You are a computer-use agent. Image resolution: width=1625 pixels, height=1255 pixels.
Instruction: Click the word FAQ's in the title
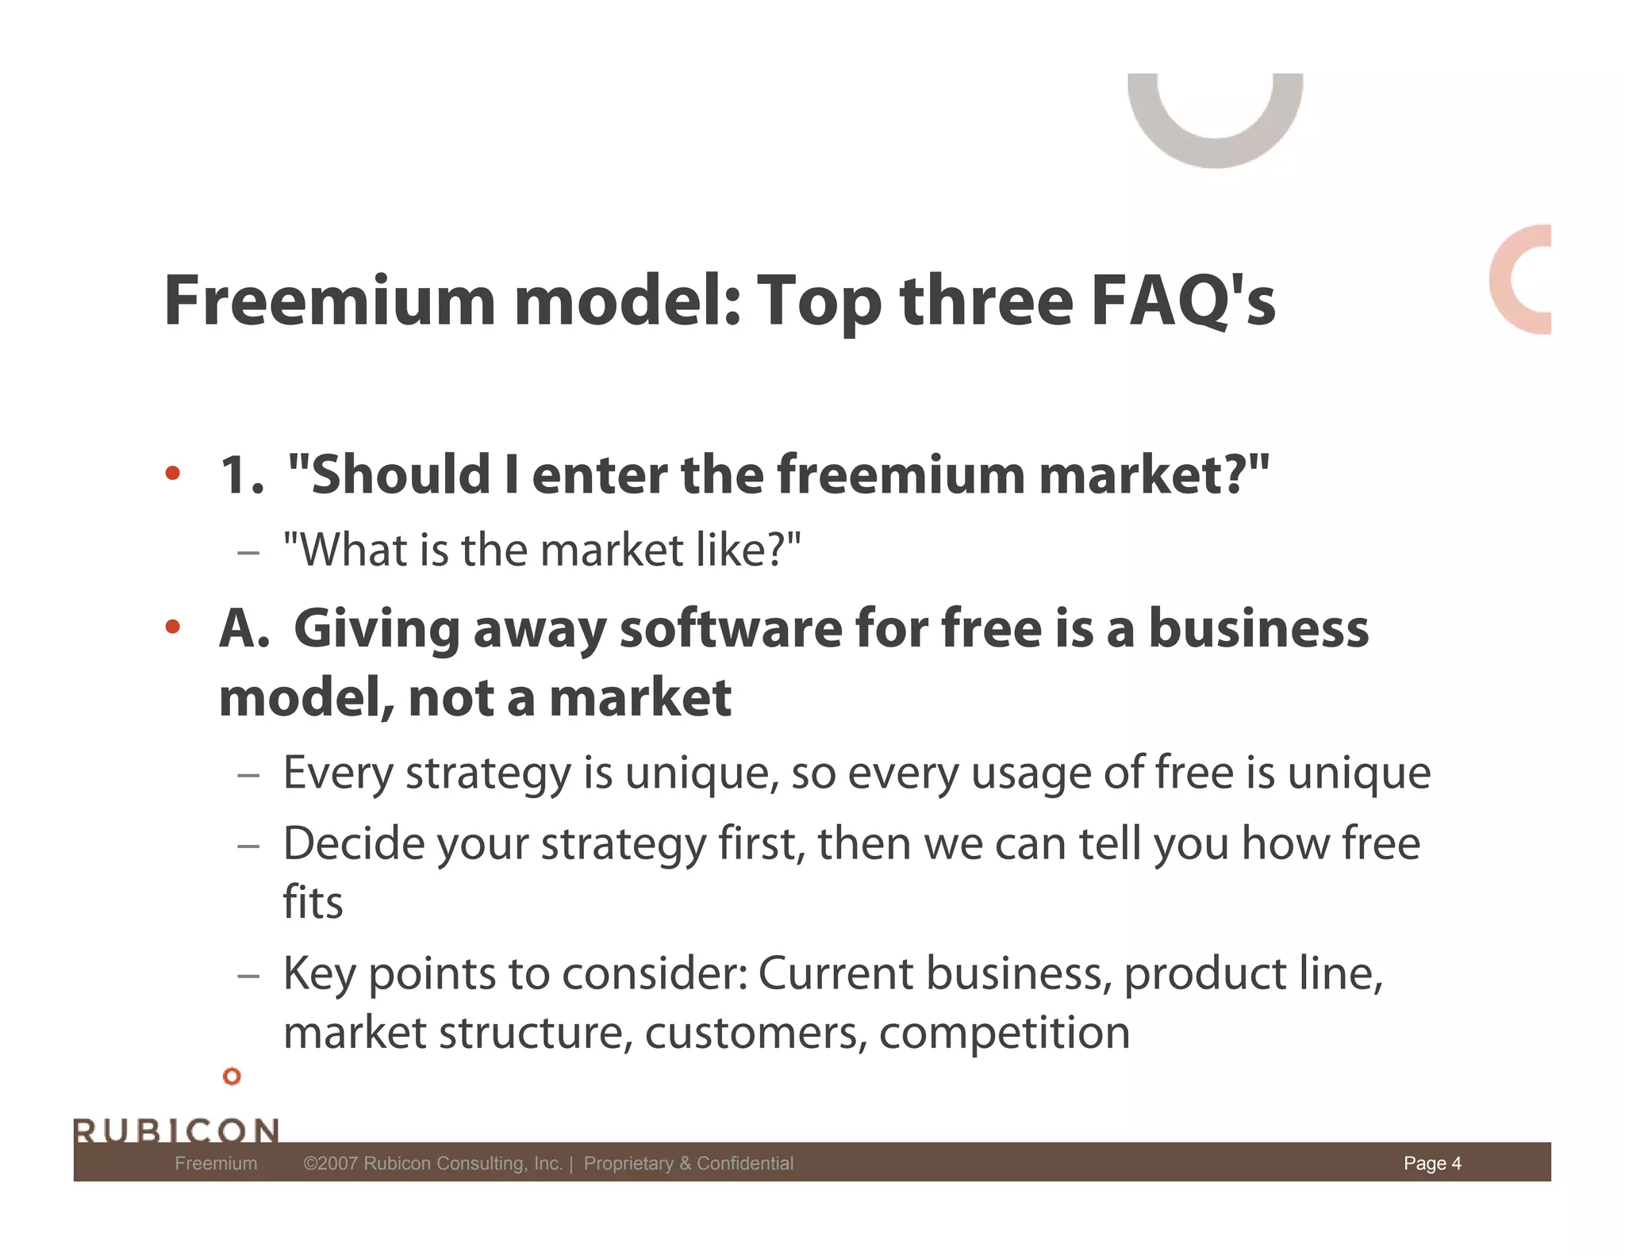pyautogui.click(x=1182, y=301)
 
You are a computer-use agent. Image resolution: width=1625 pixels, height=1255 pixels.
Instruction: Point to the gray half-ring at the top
pyautogui.click(x=1215, y=135)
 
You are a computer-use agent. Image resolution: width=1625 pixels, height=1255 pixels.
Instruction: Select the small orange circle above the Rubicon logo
pyautogui.click(x=232, y=1076)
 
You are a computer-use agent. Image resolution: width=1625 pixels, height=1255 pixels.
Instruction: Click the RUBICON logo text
pyautogui.click(x=176, y=1130)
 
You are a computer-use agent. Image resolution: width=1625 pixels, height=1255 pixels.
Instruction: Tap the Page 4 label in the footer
pyautogui.click(x=1432, y=1163)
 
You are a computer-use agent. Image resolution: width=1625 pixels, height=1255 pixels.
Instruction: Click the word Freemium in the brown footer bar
pyautogui.click(x=216, y=1163)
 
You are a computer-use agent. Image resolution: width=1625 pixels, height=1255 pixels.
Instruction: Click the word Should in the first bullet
pyautogui.click(x=401, y=474)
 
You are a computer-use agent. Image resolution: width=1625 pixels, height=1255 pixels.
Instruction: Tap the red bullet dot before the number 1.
pyautogui.click(x=172, y=474)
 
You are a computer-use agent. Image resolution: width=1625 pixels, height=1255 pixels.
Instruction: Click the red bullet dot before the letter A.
pyautogui.click(x=172, y=627)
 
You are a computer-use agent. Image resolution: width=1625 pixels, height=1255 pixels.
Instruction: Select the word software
pyautogui.click(x=730, y=628)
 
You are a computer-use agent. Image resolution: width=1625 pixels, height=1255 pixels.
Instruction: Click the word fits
pyautogui.click(x=313, y=902)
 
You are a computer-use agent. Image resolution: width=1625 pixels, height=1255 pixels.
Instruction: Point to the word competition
pyautogui.click(x=1004, y=1033)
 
